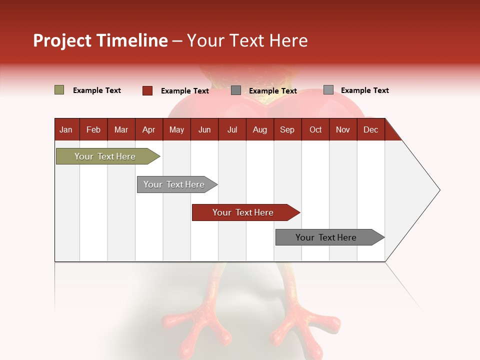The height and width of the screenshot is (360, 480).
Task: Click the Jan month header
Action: tap(66, 129)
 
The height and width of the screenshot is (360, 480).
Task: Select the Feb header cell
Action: tap(93, 129)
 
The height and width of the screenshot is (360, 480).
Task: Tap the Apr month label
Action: tap(149, 129)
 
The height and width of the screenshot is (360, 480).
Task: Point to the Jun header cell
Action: tap(204, 129)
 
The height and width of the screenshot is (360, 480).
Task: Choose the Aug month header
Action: tap(260, 129)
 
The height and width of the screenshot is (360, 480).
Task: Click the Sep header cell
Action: tap(287, 129)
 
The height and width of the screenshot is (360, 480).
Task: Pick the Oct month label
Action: tap(315, 129)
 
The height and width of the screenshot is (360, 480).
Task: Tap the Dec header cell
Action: tap(371, 129)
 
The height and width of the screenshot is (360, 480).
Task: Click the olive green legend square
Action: tap(59, 90)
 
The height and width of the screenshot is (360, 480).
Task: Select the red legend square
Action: tap(147, 90)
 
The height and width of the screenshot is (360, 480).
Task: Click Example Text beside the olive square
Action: tap(97, 90)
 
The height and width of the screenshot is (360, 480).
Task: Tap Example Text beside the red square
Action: tap(185, 91)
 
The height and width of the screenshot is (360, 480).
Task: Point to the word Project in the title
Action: tap(62, 40)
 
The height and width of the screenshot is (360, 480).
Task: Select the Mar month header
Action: tap(121, 129)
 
